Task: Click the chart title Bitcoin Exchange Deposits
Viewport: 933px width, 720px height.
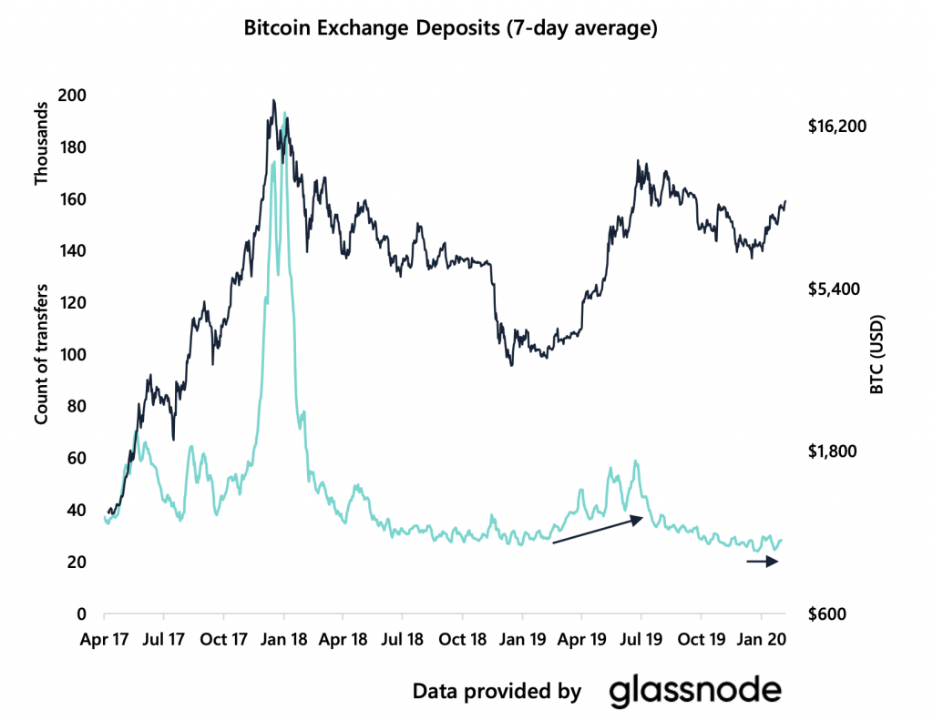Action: pyautogui.click(x=450, y=29)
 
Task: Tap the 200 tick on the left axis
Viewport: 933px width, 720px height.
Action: pyautogui.click(x=72, y=96)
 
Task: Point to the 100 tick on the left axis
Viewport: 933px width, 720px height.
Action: pyautogui.click(x=72, y=355)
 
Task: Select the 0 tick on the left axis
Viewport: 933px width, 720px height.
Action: pyautogui.click(x=80, y=614)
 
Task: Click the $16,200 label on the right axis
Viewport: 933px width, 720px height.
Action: pyautogui.click(x=836, y=126)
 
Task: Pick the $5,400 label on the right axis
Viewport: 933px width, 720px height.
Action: pyautogui.click(x=832, y=289)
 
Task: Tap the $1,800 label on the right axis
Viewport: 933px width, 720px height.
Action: pyautogui.click(x=832, y=451)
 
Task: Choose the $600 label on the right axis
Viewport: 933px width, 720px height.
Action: pyautogui.click(x=827, y=614)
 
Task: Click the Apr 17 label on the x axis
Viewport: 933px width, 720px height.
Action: pyautogui.click(x=105, y=640)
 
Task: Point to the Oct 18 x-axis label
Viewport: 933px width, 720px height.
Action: pyautogui.click(x=463, y=640)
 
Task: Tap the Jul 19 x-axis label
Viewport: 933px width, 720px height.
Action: pyautogui.click(x=641, y=640)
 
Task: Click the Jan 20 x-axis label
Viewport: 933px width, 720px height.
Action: pyautogui.click(x=762, y=640)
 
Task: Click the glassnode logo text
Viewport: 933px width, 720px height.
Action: pyautogui.click(x=694, y=691)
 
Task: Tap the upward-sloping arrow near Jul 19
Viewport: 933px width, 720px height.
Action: pyautogui.click(x=600, y=530)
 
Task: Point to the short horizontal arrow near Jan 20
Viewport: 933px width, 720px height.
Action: pyautogui.click(x=763, y=563)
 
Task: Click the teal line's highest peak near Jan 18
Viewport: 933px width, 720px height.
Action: pyautogui.click(x=285, y=114)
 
